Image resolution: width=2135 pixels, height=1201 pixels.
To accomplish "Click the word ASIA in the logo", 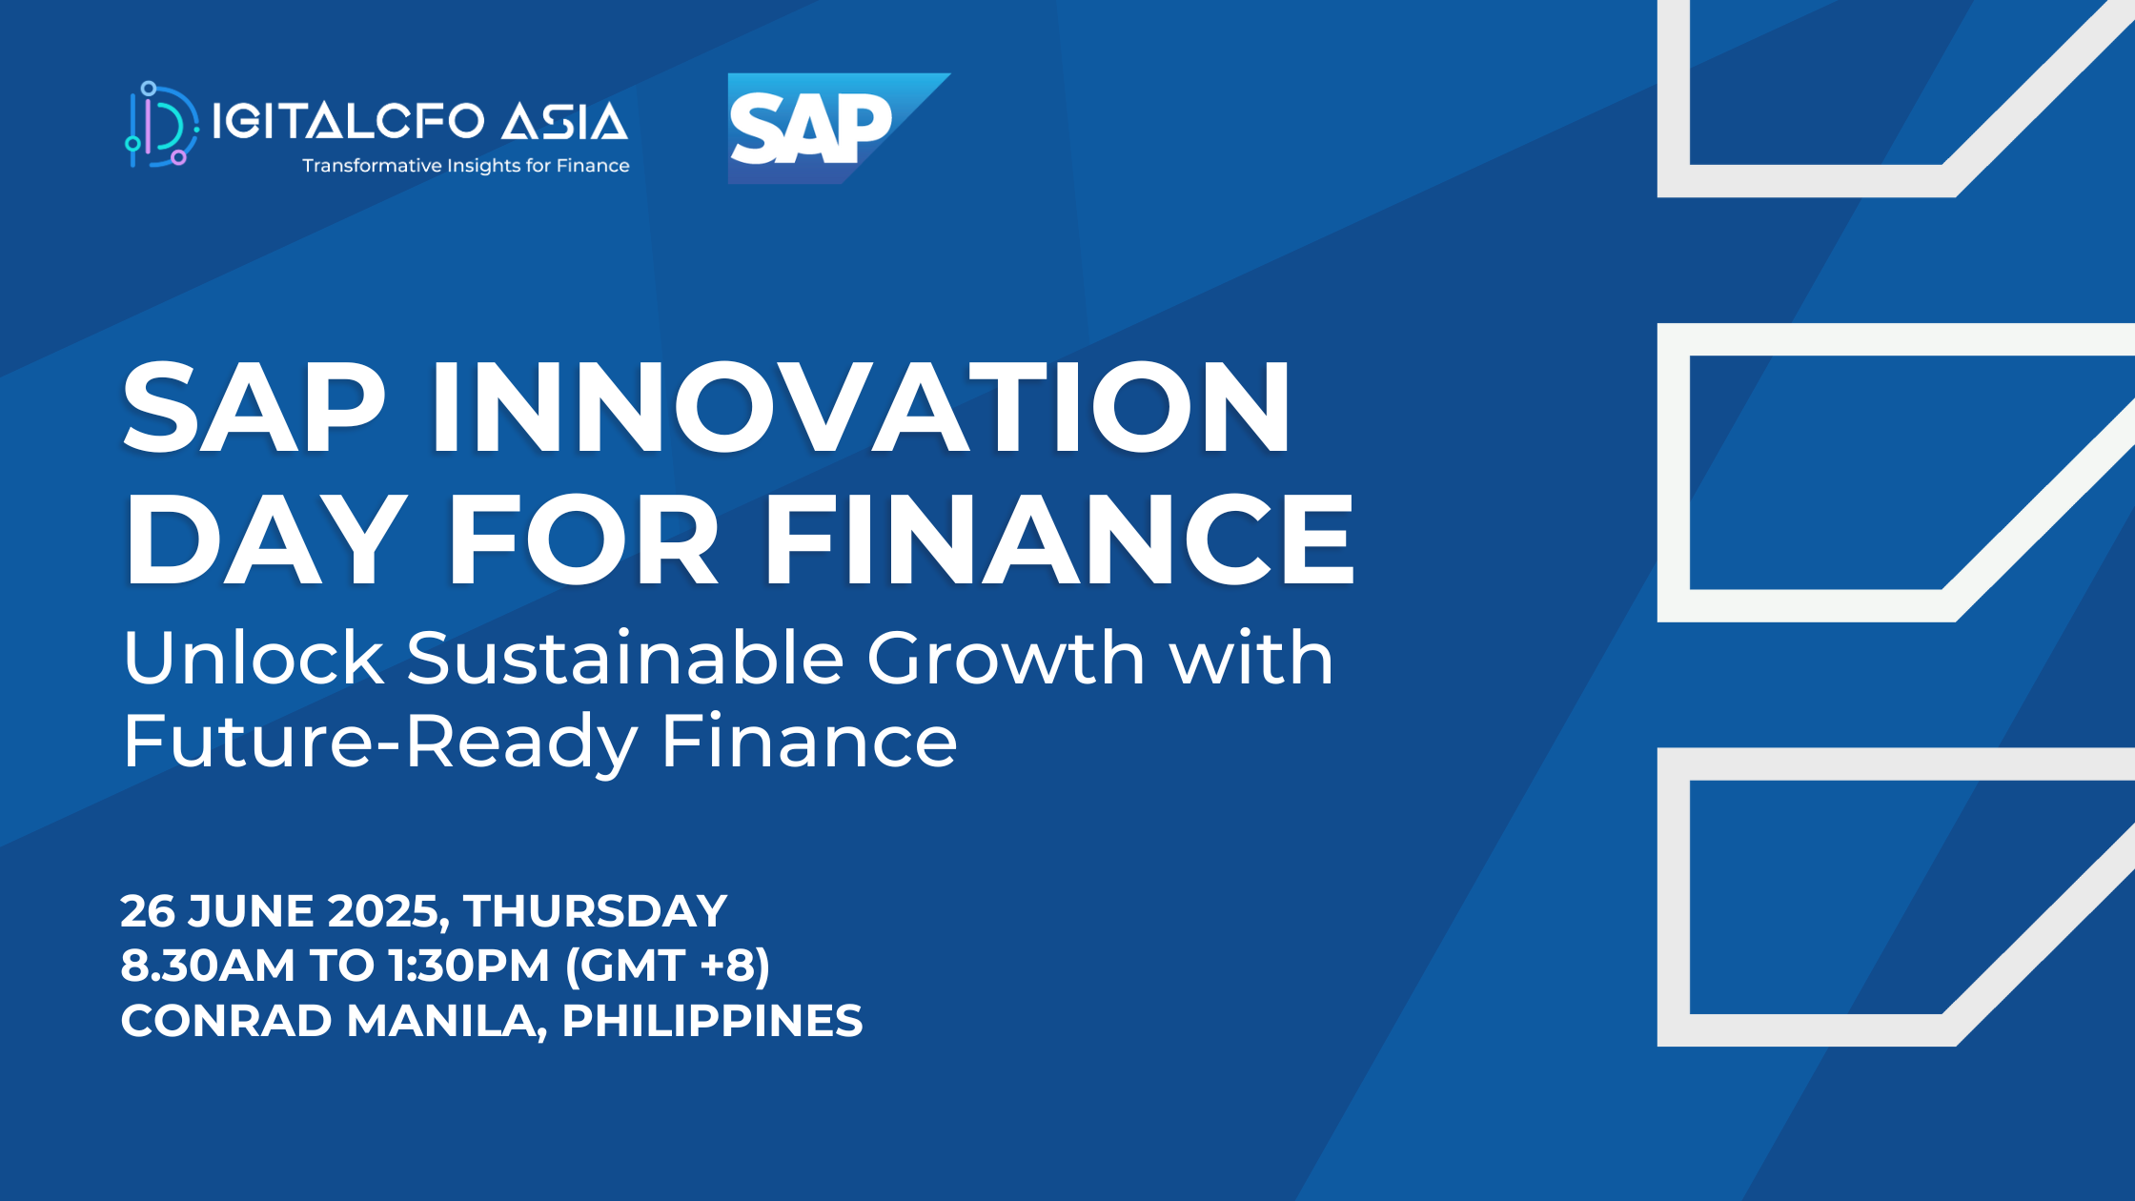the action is pyautogui.click(x=565, y=122).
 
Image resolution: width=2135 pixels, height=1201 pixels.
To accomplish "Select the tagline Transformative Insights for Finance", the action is pyautogui.click(x=466, y=166).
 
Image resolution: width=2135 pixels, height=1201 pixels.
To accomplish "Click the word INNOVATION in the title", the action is pyautogui.click(x=861, y=407).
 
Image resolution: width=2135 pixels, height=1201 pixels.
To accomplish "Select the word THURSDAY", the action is pyautogui.click(x=596, y=911).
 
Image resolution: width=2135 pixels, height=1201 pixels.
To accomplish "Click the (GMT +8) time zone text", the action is pyautogui.click(x=667, y=966).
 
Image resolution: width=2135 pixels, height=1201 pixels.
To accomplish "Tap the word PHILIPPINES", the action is pyautogui.click(x=712, y=1021).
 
